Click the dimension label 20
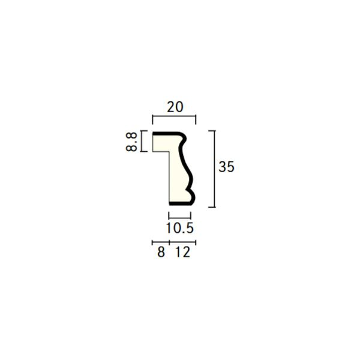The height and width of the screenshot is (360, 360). pos(175,107)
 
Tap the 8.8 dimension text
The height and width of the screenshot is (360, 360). pos(131,142)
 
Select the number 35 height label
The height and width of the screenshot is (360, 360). pos(226,167)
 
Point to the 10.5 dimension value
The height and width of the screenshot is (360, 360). pos(180,228)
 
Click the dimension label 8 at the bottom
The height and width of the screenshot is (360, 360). pos(161,252)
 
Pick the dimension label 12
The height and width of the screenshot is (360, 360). pos(183,252)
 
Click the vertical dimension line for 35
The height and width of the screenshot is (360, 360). pos(214,169)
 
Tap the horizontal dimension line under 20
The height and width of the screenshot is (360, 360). pos(174,116)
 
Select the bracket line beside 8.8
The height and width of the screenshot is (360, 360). pos(141,141)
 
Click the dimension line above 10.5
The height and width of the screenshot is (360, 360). pos(180,218)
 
